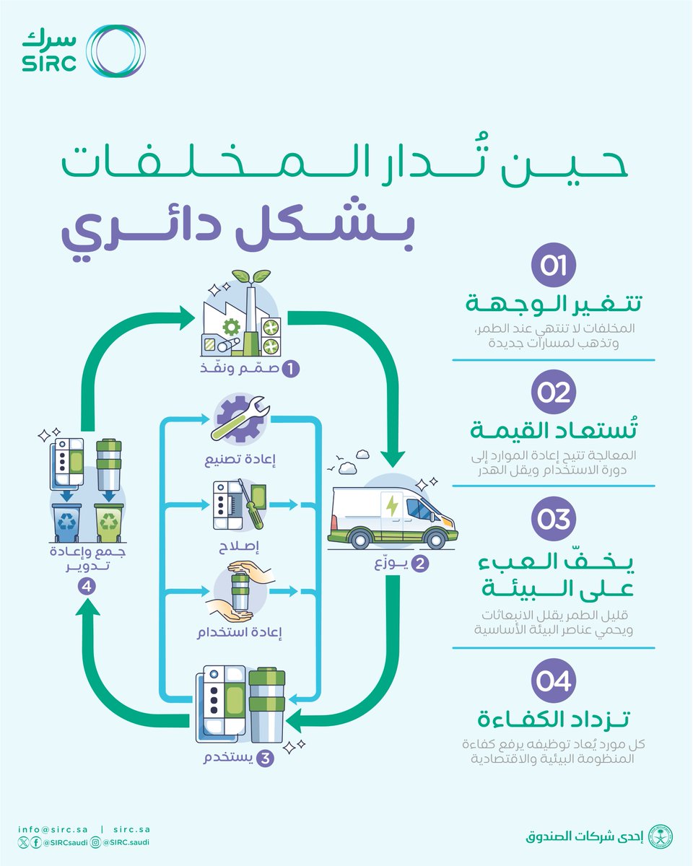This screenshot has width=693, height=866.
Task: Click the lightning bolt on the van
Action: (392, 505)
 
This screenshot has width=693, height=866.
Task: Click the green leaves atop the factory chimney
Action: (250, 278)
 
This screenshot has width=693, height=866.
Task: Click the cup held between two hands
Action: (239, 591)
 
